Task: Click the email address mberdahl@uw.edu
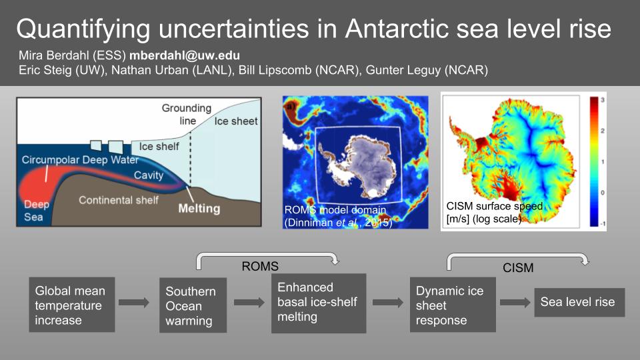pyautogui.click(x=185, y=55)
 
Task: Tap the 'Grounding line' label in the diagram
pyautogui.click(x=187, y=114)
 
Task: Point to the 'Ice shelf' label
pyautogui.click(x=159, y=146)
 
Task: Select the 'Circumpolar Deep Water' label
pyautogui.click(x=81, y=159)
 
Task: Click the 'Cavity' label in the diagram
pyautogui.click(x=149, y=175)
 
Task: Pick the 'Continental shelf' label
pyautogui.click(x=119, y=200)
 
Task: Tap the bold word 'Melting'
pyautogui.click(x=199, y=209)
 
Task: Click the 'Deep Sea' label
pyautogui.click(x=36, y=211)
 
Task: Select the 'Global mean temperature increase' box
pyautogui.click(x=72, y=305)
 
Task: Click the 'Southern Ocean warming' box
pyautogui.click(x=193, y=305)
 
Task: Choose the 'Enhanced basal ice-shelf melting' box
pyautogui.click(x=319, y=303)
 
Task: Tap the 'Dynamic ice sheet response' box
pyautogui.click(x=453, y=305)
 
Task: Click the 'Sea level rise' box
pyautogui.click(x=579, y=302)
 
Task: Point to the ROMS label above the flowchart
pyautogui.click(x=260, y=266)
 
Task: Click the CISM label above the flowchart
pyautogui.click(x=518, y=268)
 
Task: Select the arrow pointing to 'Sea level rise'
pyautogui.click(x=515, y=303)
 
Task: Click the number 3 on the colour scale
pyautogui.click(x=603, y=100)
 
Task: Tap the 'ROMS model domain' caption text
pyautogui.click(x=335, y=210)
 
